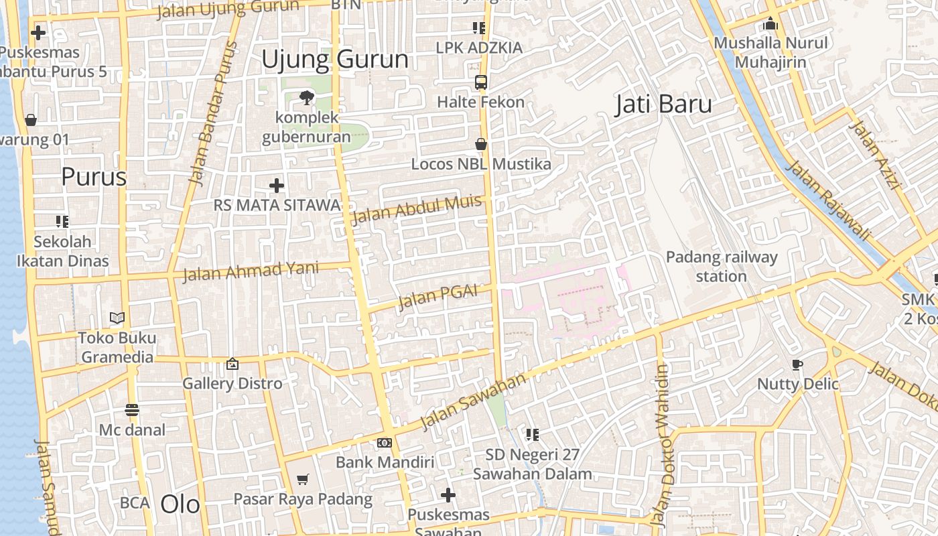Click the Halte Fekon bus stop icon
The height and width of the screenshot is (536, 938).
[480, 82]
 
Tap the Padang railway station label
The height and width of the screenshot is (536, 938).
[722, 267]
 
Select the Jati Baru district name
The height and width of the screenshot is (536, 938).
[663, 105]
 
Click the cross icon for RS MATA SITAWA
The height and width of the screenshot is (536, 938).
[276, 186]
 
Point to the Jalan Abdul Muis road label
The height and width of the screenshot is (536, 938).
[417, 210]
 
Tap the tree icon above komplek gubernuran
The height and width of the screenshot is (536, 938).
[306, 98]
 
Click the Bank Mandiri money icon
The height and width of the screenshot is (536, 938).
[384, 443]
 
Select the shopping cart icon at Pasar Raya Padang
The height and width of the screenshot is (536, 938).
[302, 479]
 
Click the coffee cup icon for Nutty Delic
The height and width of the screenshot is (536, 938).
[797, 365]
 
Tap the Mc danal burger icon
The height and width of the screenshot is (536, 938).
[131, 410]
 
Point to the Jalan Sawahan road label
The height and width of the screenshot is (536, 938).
[473, 402]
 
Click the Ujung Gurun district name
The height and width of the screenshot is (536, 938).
[335, 60]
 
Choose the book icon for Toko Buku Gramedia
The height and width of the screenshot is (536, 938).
[117, 318]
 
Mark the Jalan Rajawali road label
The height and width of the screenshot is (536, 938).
[827, 200]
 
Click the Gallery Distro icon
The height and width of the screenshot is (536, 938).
[232, 364]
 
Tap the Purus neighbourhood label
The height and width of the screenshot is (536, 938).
[94, 177]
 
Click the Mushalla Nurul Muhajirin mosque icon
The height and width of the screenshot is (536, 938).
[770, 24]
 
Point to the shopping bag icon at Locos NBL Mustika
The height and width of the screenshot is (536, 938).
[480, 144]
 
